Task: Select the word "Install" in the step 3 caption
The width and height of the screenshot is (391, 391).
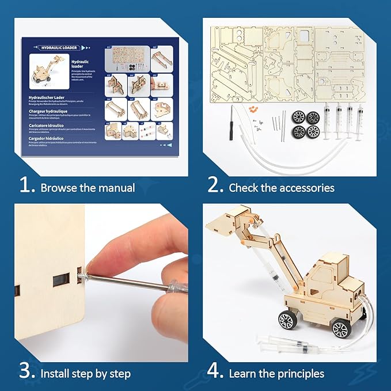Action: click(56, 373)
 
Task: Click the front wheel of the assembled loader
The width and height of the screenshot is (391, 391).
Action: click(288, 319)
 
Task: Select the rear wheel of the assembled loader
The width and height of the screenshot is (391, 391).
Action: click(341, 329)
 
